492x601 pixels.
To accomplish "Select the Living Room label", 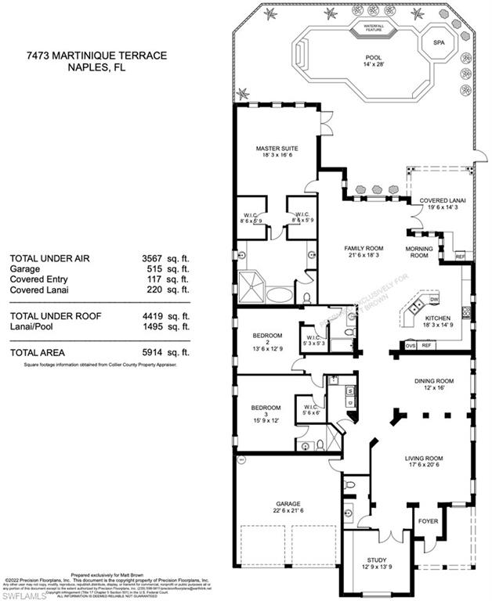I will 424,459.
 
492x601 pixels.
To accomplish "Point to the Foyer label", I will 429,519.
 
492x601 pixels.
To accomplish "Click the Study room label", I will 374,560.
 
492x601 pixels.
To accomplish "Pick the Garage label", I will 287,504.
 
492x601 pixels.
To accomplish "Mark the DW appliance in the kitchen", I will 434,300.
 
